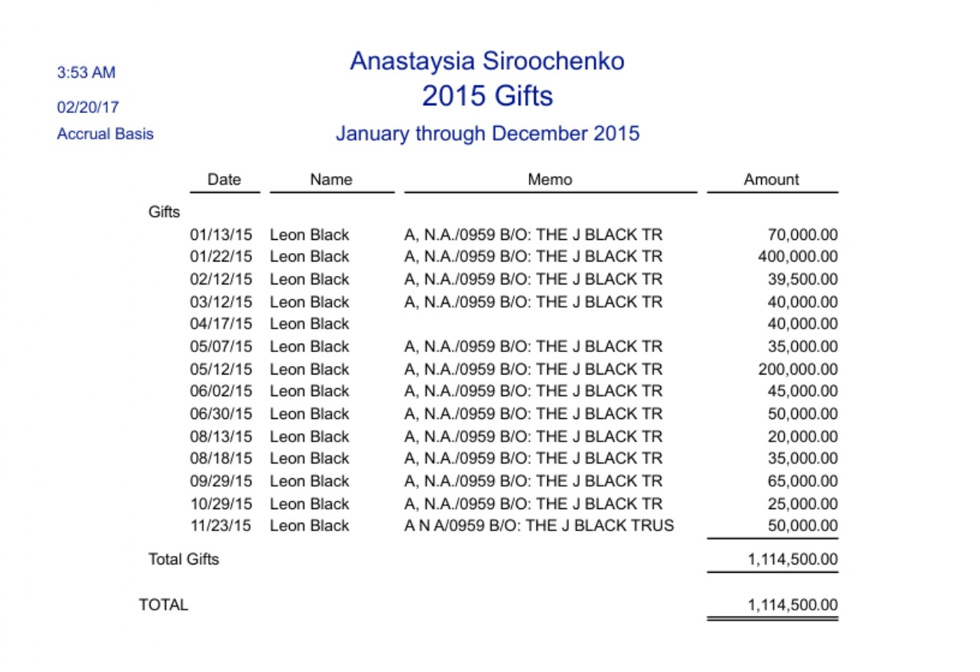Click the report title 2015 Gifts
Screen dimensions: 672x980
pos(487,97)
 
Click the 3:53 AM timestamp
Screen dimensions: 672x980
pos(86,73)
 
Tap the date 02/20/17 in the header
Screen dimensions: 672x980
pos(88,108)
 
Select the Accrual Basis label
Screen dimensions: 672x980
pos(105,135)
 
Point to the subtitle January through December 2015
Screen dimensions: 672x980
pos(487,134)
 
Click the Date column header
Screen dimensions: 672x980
pos(224,180)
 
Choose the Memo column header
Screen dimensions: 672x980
pos(550,180)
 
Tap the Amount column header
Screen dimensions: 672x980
pos(771,180)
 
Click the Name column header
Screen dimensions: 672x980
pos(331,180)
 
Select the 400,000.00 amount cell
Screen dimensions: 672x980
pos(798,257)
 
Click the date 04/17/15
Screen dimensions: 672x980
pos(221,324)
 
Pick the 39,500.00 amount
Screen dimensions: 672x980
pos(802,279)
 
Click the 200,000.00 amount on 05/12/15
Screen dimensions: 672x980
pos(798,369)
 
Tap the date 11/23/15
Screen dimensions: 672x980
pos(221,526)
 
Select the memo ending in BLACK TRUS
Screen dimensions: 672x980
pos(539,526)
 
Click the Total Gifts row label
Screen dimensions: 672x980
pos(184,560)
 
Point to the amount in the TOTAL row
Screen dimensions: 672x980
pos(792,605)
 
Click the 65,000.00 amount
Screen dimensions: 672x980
pos(802,481)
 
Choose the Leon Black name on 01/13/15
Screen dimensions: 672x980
pos(309,235)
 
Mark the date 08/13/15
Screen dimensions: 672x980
pos(221,437)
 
